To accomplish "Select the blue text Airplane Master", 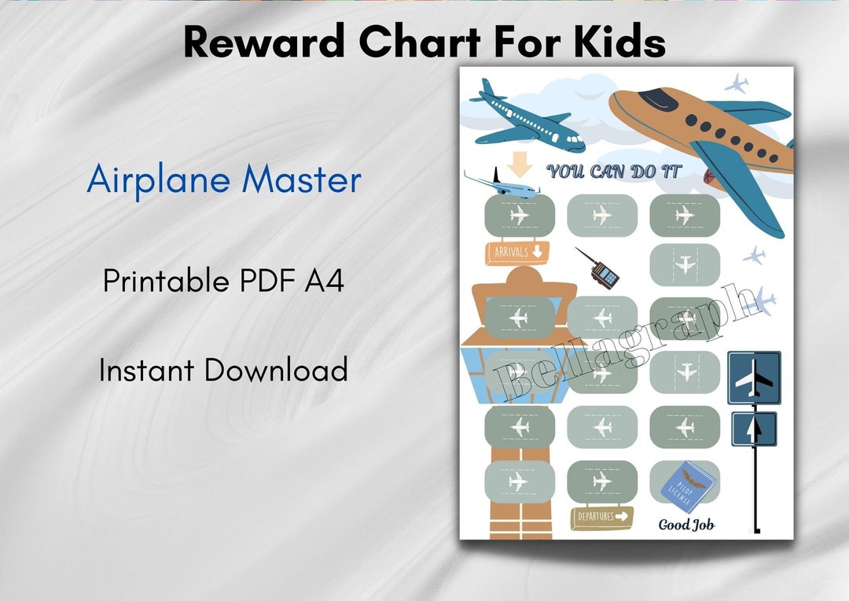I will click(224, 180).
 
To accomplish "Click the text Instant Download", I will click(223, 370).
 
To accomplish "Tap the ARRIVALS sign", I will click(516, 253).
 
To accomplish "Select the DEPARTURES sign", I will click(601, 517).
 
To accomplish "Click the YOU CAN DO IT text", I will click(614, 171).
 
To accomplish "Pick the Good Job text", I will click(686, 525).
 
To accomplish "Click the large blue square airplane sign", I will click(754, 378).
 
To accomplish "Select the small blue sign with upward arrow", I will click(754, 429).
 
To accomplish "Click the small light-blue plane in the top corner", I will click(737, 83).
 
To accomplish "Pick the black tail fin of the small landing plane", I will click(496, 175).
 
